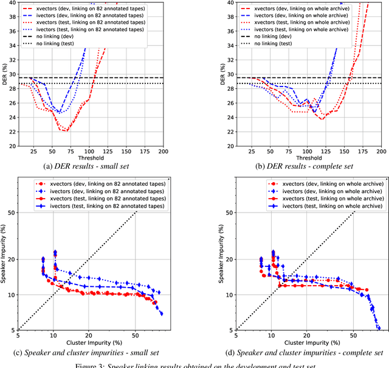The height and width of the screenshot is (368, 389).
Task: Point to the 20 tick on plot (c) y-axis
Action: [11, 259]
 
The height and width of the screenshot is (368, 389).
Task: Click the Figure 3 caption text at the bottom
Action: [194, 364]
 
